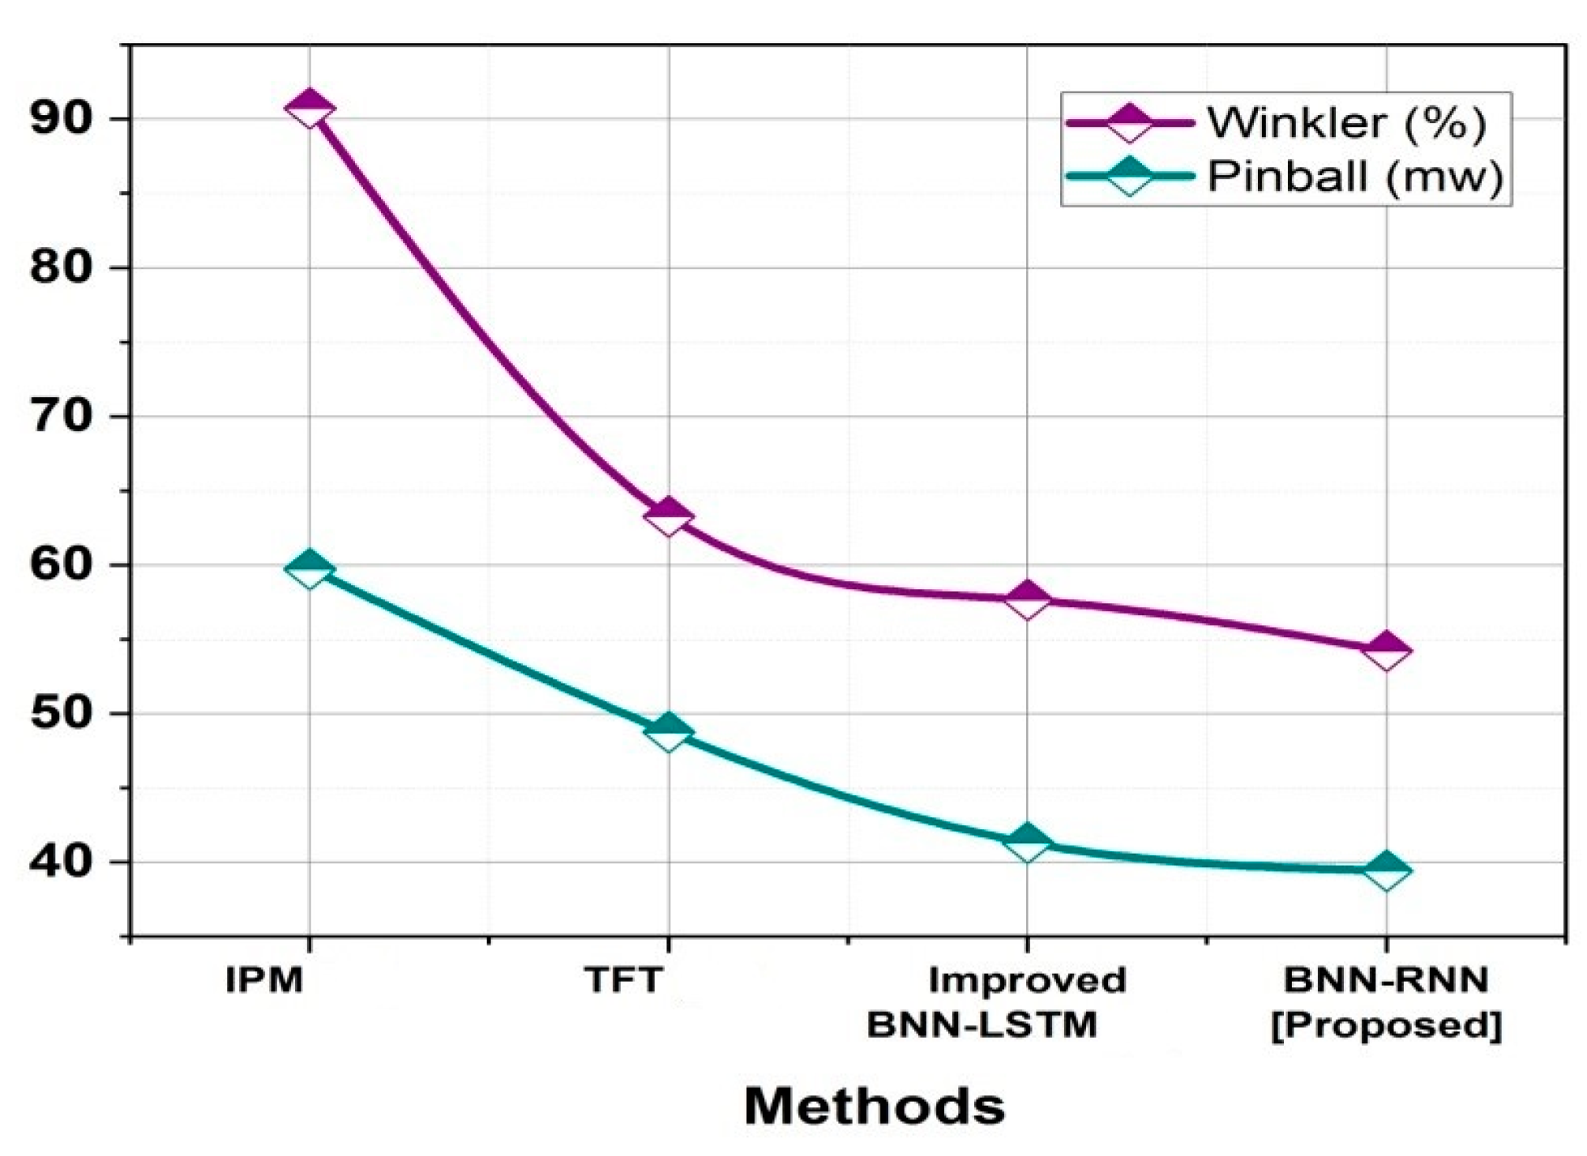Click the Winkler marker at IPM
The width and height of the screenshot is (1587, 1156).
(309, 109)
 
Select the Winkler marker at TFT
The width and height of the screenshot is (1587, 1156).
(668, 517)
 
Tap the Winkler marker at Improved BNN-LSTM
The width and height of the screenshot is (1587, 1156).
(1027, 600)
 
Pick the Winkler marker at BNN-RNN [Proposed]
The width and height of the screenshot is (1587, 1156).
(1387, 651)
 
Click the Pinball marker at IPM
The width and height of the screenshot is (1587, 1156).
(309, 568)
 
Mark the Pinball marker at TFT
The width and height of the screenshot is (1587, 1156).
(668, 733)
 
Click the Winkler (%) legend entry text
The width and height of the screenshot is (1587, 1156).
(1346, 123)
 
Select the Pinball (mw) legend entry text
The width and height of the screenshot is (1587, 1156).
(1354, 176)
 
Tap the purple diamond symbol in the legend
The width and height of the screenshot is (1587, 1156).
(1129, 123)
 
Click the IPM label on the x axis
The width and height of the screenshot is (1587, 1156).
(264, 981)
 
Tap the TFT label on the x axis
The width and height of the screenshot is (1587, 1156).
(623, 981)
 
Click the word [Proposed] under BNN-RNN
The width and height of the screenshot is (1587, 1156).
(1387, 1025)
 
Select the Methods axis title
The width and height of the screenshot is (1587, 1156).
(874, 1107)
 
